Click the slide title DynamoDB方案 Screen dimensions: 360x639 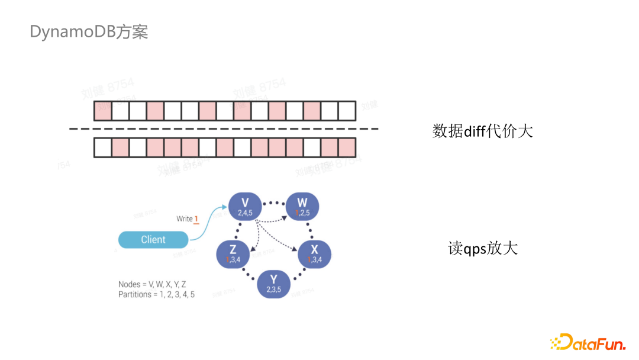coord(89,32)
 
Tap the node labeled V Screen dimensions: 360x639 coord(245,207)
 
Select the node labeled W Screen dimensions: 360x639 coord(302,207)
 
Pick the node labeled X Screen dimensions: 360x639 coord(314,253)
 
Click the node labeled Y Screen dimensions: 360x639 coord(273,284)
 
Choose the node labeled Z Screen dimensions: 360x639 coord(233,253)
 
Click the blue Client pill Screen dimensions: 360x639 coord(153,240)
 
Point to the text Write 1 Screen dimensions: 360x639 coord(187,219)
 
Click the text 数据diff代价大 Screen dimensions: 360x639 coord(482,131)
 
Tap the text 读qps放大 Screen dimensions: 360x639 coord(482,248)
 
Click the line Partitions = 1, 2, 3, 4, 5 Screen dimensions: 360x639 coord(156,294)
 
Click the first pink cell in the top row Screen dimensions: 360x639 coord(103,111)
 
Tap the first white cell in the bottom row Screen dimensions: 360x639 coord(103,147)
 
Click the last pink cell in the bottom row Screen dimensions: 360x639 coord(347,147)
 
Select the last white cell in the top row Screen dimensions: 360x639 coord(347,111)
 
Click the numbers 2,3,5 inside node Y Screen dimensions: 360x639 coord(273,290)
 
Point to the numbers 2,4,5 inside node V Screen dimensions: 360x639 coord(245,213)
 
